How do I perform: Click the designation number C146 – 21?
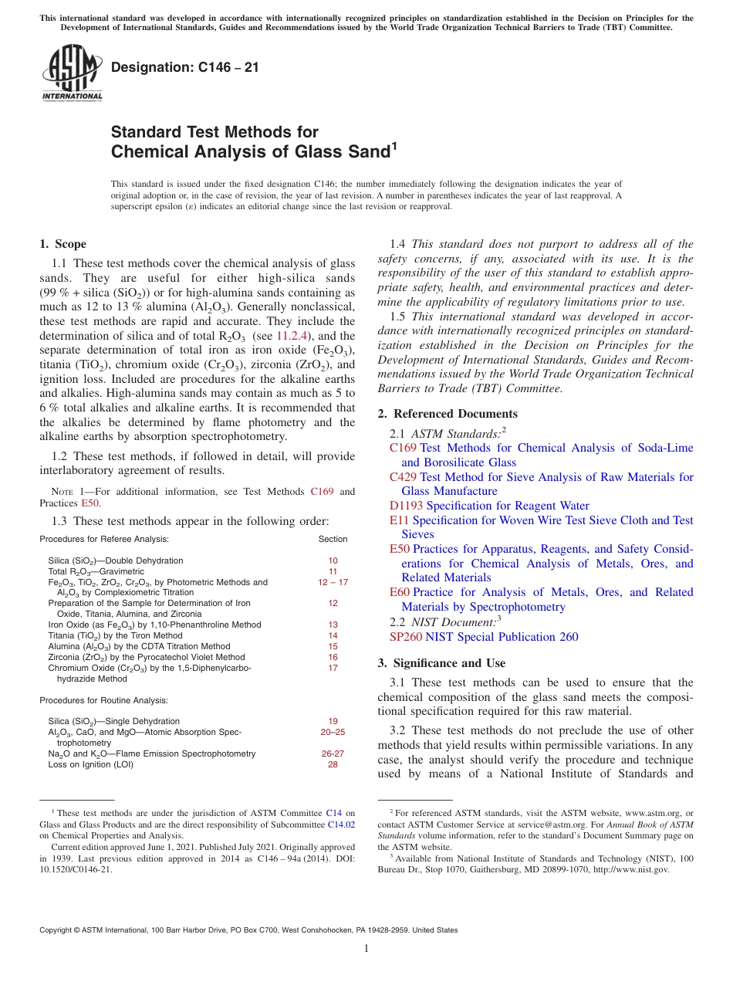(x=185, y=67)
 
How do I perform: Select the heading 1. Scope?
(x=63, y=244)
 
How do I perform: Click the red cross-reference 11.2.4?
(x=292, y=336)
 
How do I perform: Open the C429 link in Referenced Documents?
(x=403, y=477)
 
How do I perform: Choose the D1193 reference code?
(x=406, y=506)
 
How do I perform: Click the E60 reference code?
(x=400, y=592)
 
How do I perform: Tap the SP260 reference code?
(x=406, y=637)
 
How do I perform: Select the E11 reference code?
(x=399, y=520)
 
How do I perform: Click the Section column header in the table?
(x=333, y=539)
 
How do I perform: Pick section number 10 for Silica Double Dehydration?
(x=333, y=560)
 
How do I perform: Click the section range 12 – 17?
(x=333, y=582)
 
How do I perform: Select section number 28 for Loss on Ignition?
(x=333, y=764)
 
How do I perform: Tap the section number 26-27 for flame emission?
(x=333, y=753)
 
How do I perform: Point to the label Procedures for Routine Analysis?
(x=103, y=700)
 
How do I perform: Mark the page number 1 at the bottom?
(x=366, y=949)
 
